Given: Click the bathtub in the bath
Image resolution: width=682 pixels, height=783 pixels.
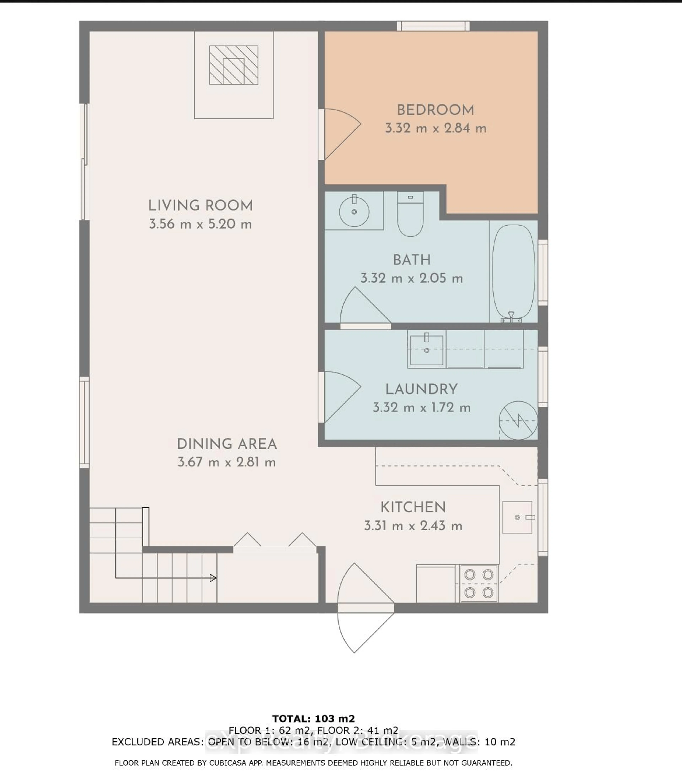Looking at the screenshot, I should tap(513, 272).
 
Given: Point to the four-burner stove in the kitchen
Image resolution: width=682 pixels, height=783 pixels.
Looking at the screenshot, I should tap(479, 583).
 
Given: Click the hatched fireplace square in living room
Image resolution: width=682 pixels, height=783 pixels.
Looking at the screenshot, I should tap(234, 65).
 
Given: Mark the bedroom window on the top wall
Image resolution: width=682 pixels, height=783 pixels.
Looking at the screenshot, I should tap(433, 26).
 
